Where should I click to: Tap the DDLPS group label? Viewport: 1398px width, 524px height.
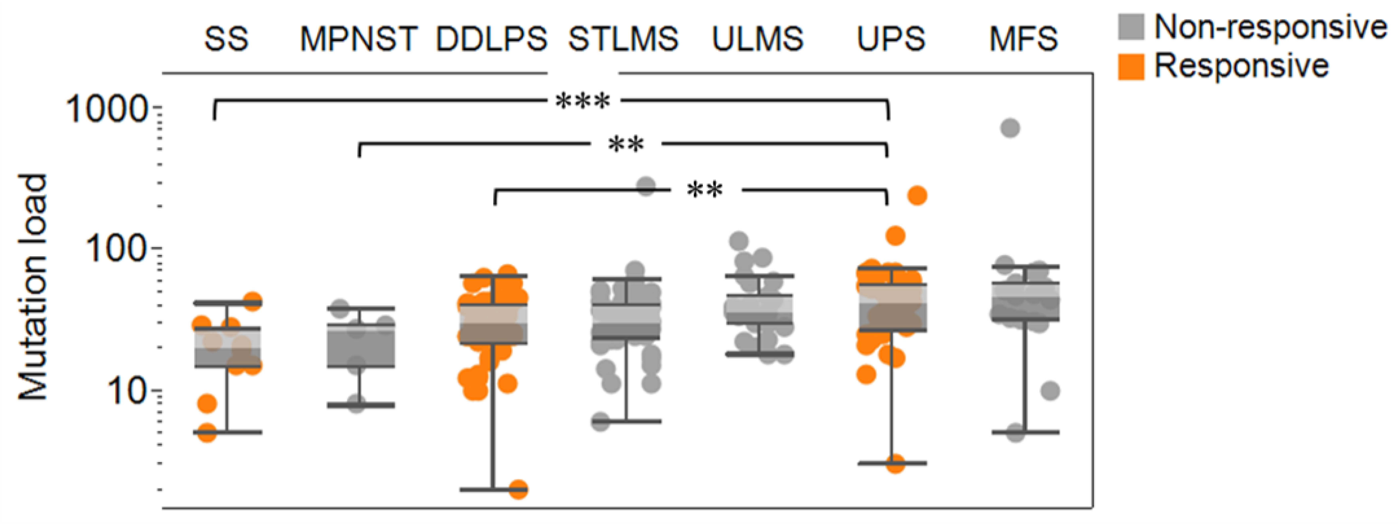click(x=492, y=39)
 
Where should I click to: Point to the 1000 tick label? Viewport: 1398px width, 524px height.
click(x=106, y=109)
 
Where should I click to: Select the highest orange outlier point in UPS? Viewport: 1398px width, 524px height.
click(x=917, y=196)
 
